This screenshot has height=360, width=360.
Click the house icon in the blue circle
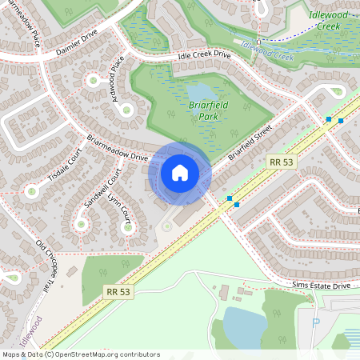coord(179,172)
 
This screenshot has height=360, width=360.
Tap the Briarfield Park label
coord(204,110)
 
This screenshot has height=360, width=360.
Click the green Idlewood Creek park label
coord(331,20)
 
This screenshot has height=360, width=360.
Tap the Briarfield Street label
coord(250,141)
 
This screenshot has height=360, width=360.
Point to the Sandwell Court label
coord(102,188)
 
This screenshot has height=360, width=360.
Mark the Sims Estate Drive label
coord(321,285)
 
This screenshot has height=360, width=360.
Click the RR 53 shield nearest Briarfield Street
coord(281,162)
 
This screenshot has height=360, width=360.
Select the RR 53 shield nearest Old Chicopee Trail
coord(118,292)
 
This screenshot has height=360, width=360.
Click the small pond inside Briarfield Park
coord(200,92)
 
